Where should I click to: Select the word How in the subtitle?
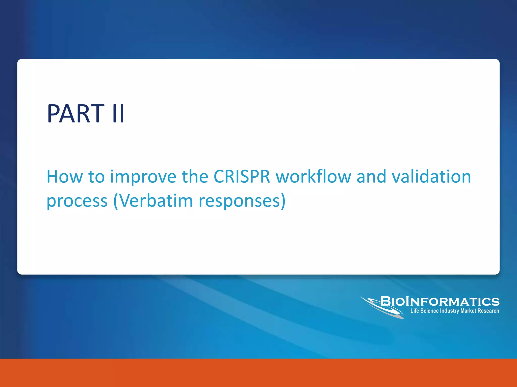[65, 177]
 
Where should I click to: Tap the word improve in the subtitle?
[143, 177]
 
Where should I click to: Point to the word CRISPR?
[242, 177]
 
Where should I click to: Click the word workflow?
[313, 177]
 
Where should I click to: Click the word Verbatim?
[156, 201]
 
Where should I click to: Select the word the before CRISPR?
[195, 177]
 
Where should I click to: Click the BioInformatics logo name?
[440, 302]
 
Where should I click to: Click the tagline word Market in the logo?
[468, 311]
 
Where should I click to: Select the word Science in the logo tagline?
[429, 311]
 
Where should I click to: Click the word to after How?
[96, 177]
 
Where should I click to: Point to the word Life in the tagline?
[415, 311]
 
